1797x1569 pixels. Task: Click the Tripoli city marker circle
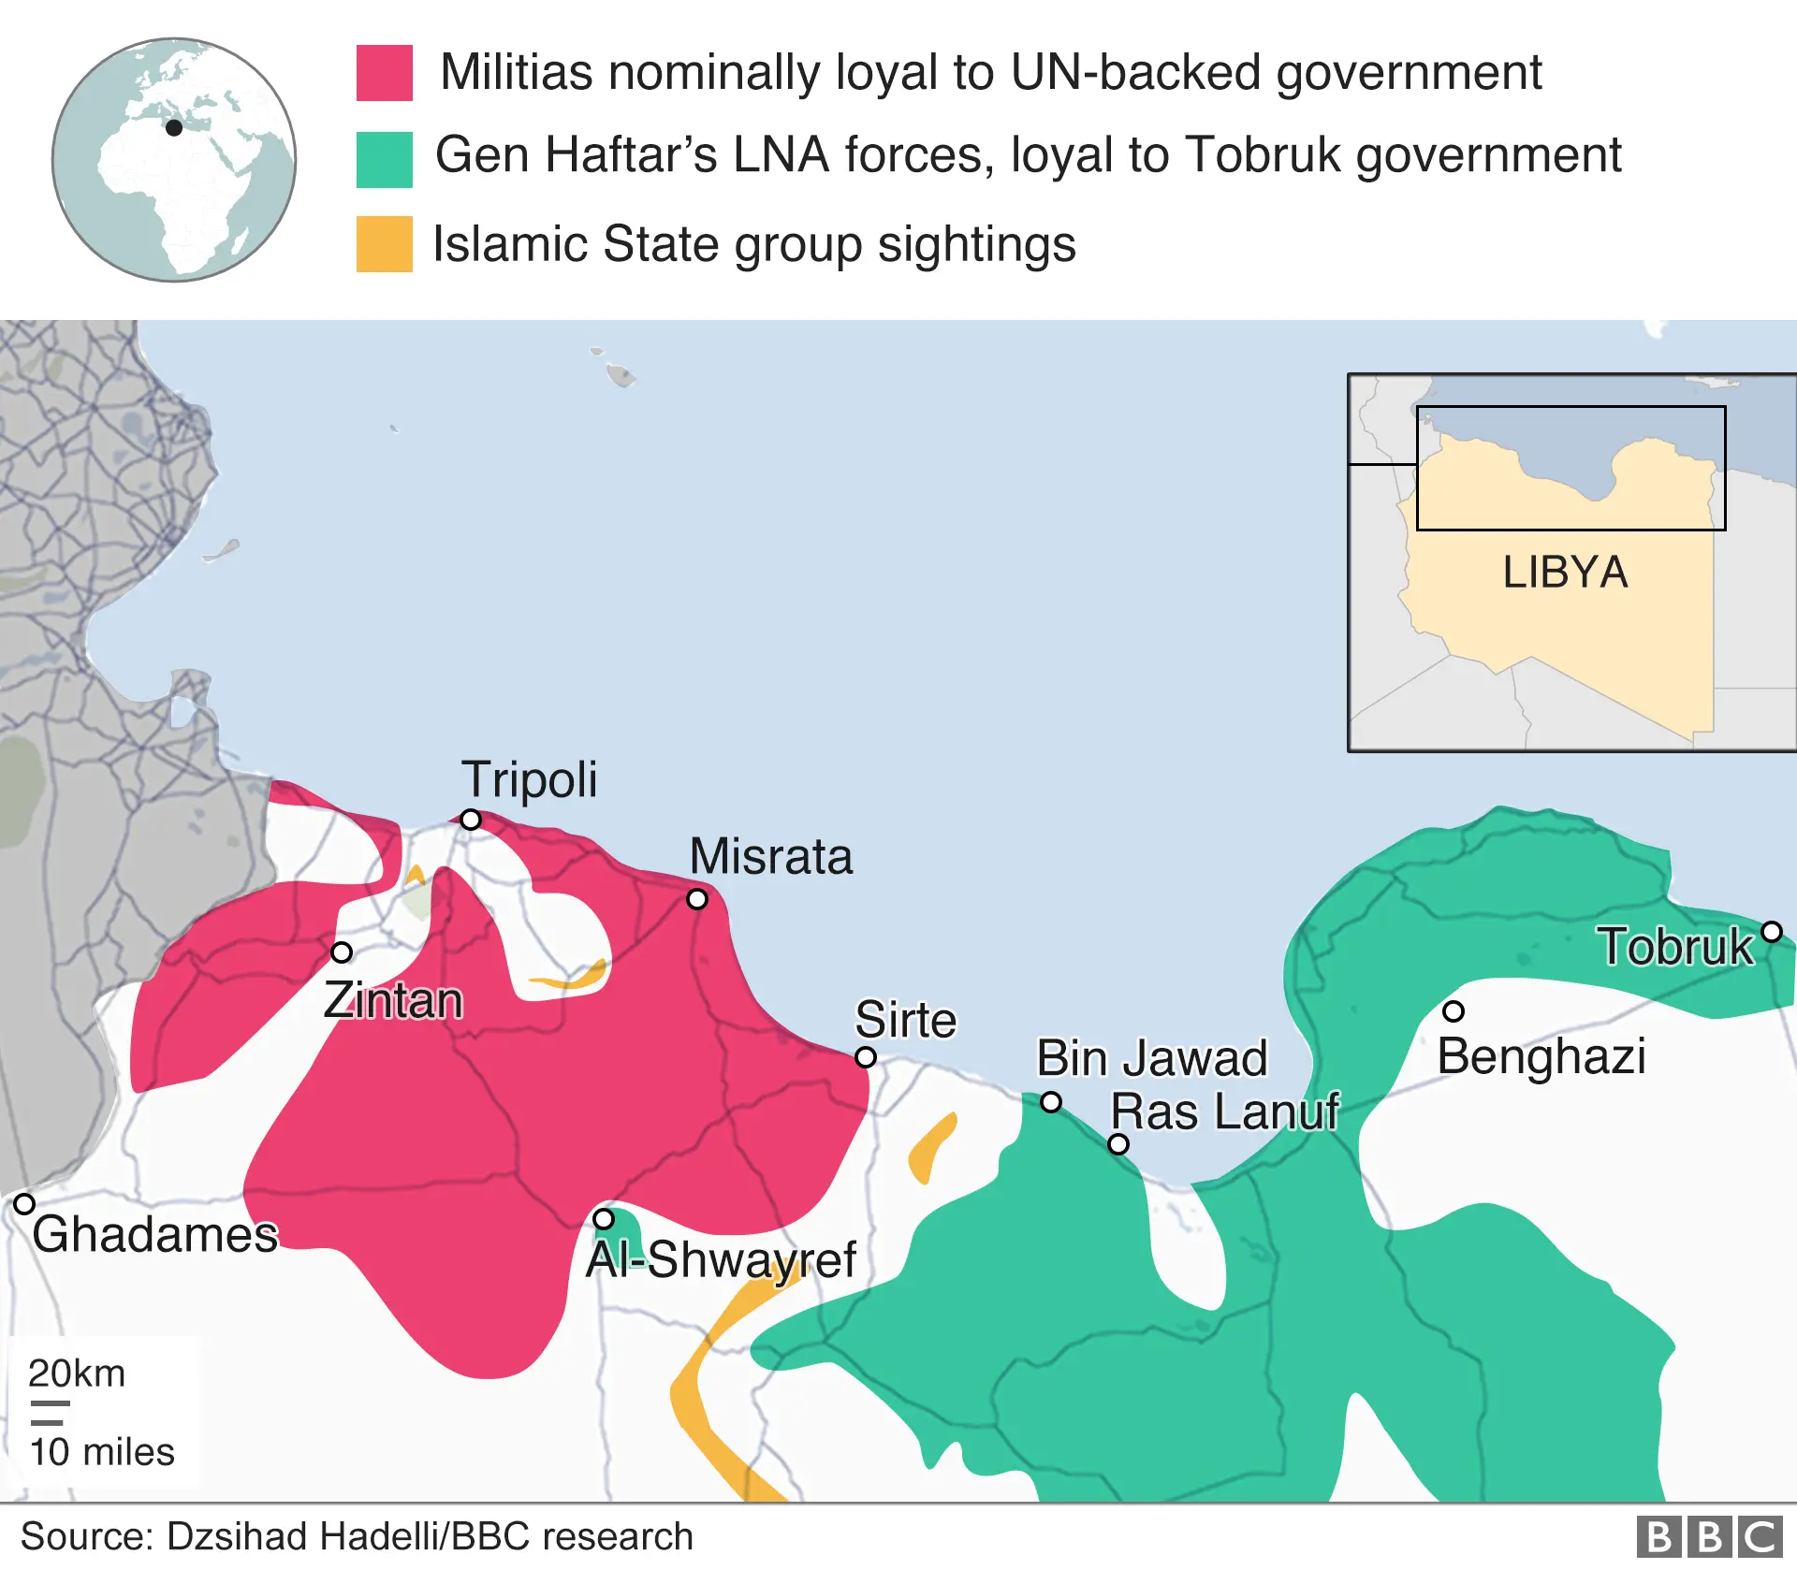pyautogui.click(x=471, y=820)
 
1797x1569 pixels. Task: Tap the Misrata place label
pyautogui.click(x=771, y=856)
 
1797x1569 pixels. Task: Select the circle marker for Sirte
pyautogui.click(x=866, y=1057)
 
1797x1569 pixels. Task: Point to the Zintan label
pyautogui.click(x=393, y=1000)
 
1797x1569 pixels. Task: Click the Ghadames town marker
pyautogui.click(x=24, y=1204)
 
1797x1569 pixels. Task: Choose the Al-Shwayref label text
pyautogui.click(x=721, y=1259)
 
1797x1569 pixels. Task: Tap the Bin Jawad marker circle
pyautogui.click(x=1051, y=1102)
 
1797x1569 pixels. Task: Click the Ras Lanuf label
pyautogui.click(x=1224, y=1111)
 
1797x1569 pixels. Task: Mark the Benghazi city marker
pyautogui.click(x=1453, y=1011)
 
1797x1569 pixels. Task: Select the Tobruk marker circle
pyautogui.click(x=1772, y=932)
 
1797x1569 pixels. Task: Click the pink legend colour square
pyautogui.click(x=384, y=73)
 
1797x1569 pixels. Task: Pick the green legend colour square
pyautogui.click(x=384, y=159)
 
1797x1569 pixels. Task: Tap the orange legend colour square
pyautogui.click(x=384, y=244)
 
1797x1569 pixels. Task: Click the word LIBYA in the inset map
pyautogui.click(x=1565, y=573)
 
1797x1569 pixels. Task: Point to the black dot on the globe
pyautogui.click(x=174, y=128)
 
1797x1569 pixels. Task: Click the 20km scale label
pyautogui.click(x=77, y=1373)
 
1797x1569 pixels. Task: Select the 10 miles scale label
pyautogui.click(x=102, y=1452)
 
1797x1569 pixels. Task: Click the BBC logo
pyautogui.click(x=1709, y=1537)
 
